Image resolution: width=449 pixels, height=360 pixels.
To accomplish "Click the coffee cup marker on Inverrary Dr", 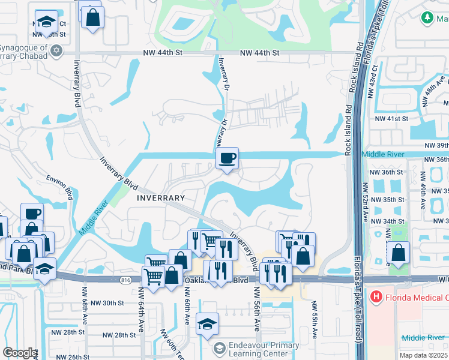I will [227, 159].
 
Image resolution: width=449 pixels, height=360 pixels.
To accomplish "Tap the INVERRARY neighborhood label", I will [160, 197].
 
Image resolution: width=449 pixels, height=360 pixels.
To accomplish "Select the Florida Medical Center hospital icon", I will [376, 296].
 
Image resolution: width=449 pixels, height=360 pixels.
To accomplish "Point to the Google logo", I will [19, 353].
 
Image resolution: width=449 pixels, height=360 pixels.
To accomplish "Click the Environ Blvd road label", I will [60, 187].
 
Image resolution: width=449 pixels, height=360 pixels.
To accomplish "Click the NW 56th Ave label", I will [256, 309].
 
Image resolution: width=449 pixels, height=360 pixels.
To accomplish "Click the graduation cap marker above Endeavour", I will [207, 325].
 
